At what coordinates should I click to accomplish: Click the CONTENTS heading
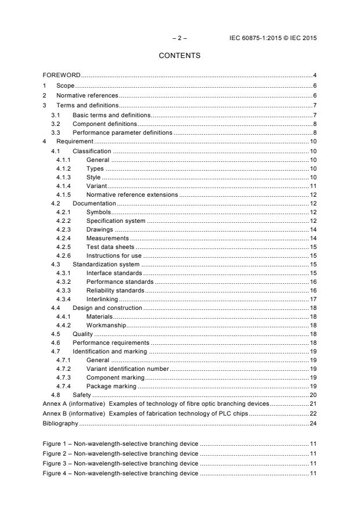[179, 56]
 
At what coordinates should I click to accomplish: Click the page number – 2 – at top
[179, 38]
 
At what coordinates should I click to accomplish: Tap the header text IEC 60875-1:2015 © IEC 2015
[273, 38]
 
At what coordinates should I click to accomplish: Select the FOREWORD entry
[62, 75]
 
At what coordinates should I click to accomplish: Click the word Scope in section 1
[65, 85]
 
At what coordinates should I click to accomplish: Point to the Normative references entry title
[87, 95]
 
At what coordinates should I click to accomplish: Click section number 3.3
[56, 132]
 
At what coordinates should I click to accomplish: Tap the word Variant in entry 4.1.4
[96, 185]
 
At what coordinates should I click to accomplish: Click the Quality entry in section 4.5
[82, 334]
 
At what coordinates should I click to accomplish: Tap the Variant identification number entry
[127, 369]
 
